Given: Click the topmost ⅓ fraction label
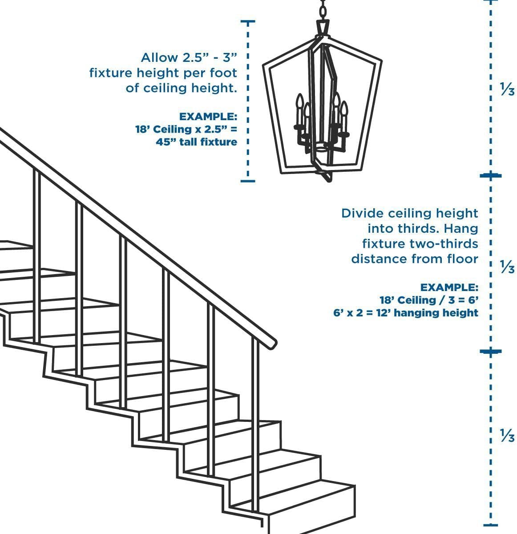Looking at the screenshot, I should tap(507, 90).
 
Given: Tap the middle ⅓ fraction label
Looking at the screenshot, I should tap(507, 268).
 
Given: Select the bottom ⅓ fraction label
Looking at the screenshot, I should tap(507, 435).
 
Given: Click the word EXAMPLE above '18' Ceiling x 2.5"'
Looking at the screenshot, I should tap(208, 117).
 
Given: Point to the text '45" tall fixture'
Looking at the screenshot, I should tap(196, 142).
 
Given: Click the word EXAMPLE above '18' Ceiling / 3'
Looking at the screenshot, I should tap(449, 287).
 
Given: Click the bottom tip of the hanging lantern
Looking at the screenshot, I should tap(328, 179).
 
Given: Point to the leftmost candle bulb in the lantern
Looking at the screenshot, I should tap(299, 101).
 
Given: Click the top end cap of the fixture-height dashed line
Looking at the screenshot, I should tap(248, 21).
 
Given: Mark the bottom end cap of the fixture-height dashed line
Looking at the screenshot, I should tap(248, 181).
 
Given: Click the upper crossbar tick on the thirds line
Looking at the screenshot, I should tap(490, 176).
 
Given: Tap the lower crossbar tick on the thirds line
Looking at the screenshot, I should tap(490, 352).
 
